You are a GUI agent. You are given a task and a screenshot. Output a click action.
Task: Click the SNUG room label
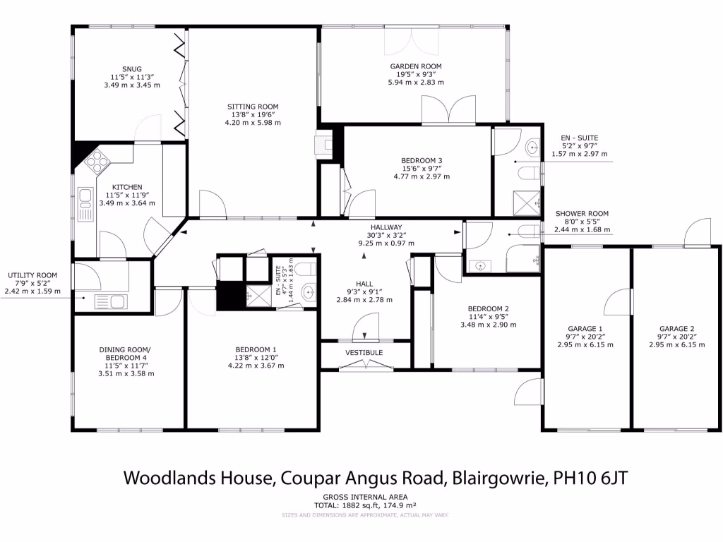(x=131, y=69)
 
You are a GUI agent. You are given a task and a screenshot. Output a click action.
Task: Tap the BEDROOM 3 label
(x=421, y=160)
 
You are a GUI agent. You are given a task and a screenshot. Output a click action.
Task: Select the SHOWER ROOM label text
(x=582, y=214)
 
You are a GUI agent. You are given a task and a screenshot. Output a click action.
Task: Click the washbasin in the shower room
(x=481, y=266)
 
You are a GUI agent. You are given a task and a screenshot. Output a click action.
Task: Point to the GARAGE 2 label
(x=676, y=329)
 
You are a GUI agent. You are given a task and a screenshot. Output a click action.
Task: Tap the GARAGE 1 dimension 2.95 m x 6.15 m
(x=585, y=345)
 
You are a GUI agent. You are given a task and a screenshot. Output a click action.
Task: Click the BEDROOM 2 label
(x=489, y=308)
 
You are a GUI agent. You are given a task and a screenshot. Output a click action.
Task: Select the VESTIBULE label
(x=364, y=352)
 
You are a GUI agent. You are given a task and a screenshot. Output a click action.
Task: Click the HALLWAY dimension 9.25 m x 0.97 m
(x=386, y=243)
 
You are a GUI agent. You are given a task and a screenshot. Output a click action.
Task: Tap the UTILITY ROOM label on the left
(x=32, y=275)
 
